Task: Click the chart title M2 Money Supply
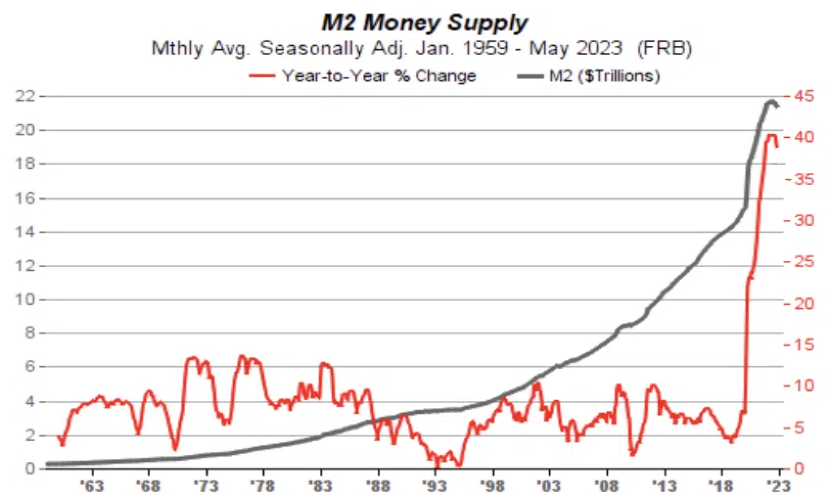[424, 23]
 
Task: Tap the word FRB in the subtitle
[664, 49]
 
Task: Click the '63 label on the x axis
[93, 484]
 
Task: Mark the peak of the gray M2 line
[771, 102]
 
